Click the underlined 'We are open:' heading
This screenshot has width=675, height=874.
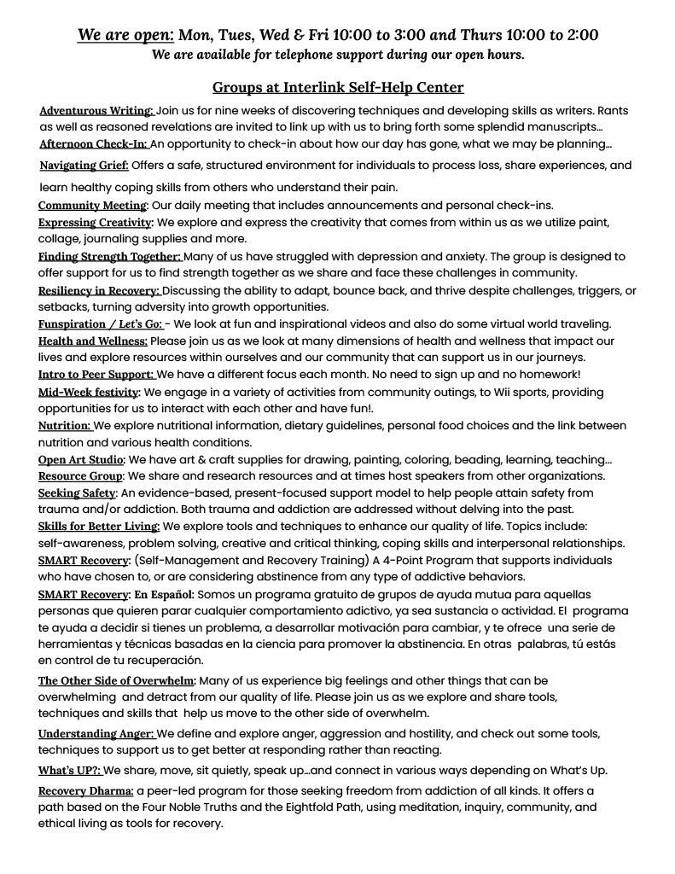(125, 35)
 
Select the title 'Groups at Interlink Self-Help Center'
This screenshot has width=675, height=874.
(337, 87)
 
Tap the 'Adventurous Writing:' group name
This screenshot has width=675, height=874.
(96, 111)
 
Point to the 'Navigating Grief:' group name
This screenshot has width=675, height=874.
(84, 166)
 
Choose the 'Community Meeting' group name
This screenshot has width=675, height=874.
(92, 206)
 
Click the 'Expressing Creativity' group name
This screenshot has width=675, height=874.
(95, 223)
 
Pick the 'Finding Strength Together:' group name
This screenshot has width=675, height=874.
(109, 257)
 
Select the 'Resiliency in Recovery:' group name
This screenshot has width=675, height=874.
(99, 291)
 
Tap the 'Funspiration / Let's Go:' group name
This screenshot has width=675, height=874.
(100, 324)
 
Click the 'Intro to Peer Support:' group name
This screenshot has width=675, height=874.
(96, 375)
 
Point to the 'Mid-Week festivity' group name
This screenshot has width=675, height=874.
(89, 393)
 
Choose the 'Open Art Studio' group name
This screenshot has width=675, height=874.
(81, 460)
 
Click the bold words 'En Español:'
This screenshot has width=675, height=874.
(165, 594)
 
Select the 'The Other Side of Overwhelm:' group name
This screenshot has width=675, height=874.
(117, 680)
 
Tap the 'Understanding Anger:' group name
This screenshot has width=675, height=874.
(96, 734)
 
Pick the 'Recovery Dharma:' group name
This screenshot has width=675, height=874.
(85, 791)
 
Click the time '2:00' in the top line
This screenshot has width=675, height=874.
(577, 35)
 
